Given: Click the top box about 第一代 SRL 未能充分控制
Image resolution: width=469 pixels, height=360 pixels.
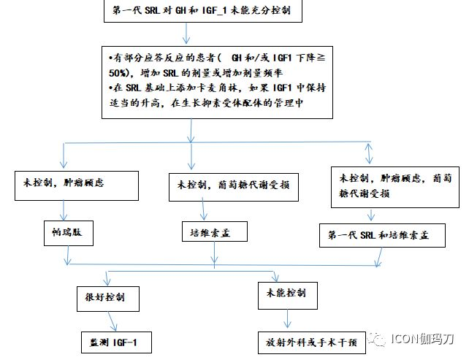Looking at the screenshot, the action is [203, 11].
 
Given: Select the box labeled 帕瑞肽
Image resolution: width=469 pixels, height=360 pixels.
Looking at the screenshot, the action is [69, 233].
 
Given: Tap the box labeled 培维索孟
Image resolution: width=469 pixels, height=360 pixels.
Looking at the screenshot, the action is [215, 231].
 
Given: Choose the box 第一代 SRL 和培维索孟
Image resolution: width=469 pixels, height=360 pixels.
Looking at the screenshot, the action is [382, 235].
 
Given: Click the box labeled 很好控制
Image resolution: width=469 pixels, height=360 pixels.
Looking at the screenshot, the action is [108, 299].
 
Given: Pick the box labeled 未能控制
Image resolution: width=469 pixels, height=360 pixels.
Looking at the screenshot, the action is [287, 296].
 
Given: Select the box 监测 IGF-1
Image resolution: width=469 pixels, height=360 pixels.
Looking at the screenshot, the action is [116, 342].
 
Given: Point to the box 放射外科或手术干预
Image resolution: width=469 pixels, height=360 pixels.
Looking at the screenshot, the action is [312, 342].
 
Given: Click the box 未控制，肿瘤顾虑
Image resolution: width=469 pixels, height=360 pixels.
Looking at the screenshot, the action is [77, 185].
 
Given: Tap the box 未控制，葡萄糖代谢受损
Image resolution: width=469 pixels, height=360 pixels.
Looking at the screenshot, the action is [234, 187].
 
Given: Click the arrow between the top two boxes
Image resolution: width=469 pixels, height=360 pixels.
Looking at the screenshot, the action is [186, 34].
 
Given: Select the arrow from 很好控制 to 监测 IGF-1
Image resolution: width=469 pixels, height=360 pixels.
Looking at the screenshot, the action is [112, 321].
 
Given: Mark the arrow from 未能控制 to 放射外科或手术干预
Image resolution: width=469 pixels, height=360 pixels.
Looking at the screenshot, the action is [287, 318].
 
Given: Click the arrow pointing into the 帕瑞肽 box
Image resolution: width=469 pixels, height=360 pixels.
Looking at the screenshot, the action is [64, 210].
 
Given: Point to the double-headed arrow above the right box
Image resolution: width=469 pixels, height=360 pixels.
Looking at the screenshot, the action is [369, 153].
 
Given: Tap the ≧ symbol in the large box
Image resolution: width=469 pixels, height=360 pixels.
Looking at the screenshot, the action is [321, 58].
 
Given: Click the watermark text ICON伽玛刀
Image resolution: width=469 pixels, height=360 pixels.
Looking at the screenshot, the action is [422, 339].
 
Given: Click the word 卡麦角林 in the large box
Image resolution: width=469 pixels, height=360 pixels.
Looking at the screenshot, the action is [216, 88].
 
